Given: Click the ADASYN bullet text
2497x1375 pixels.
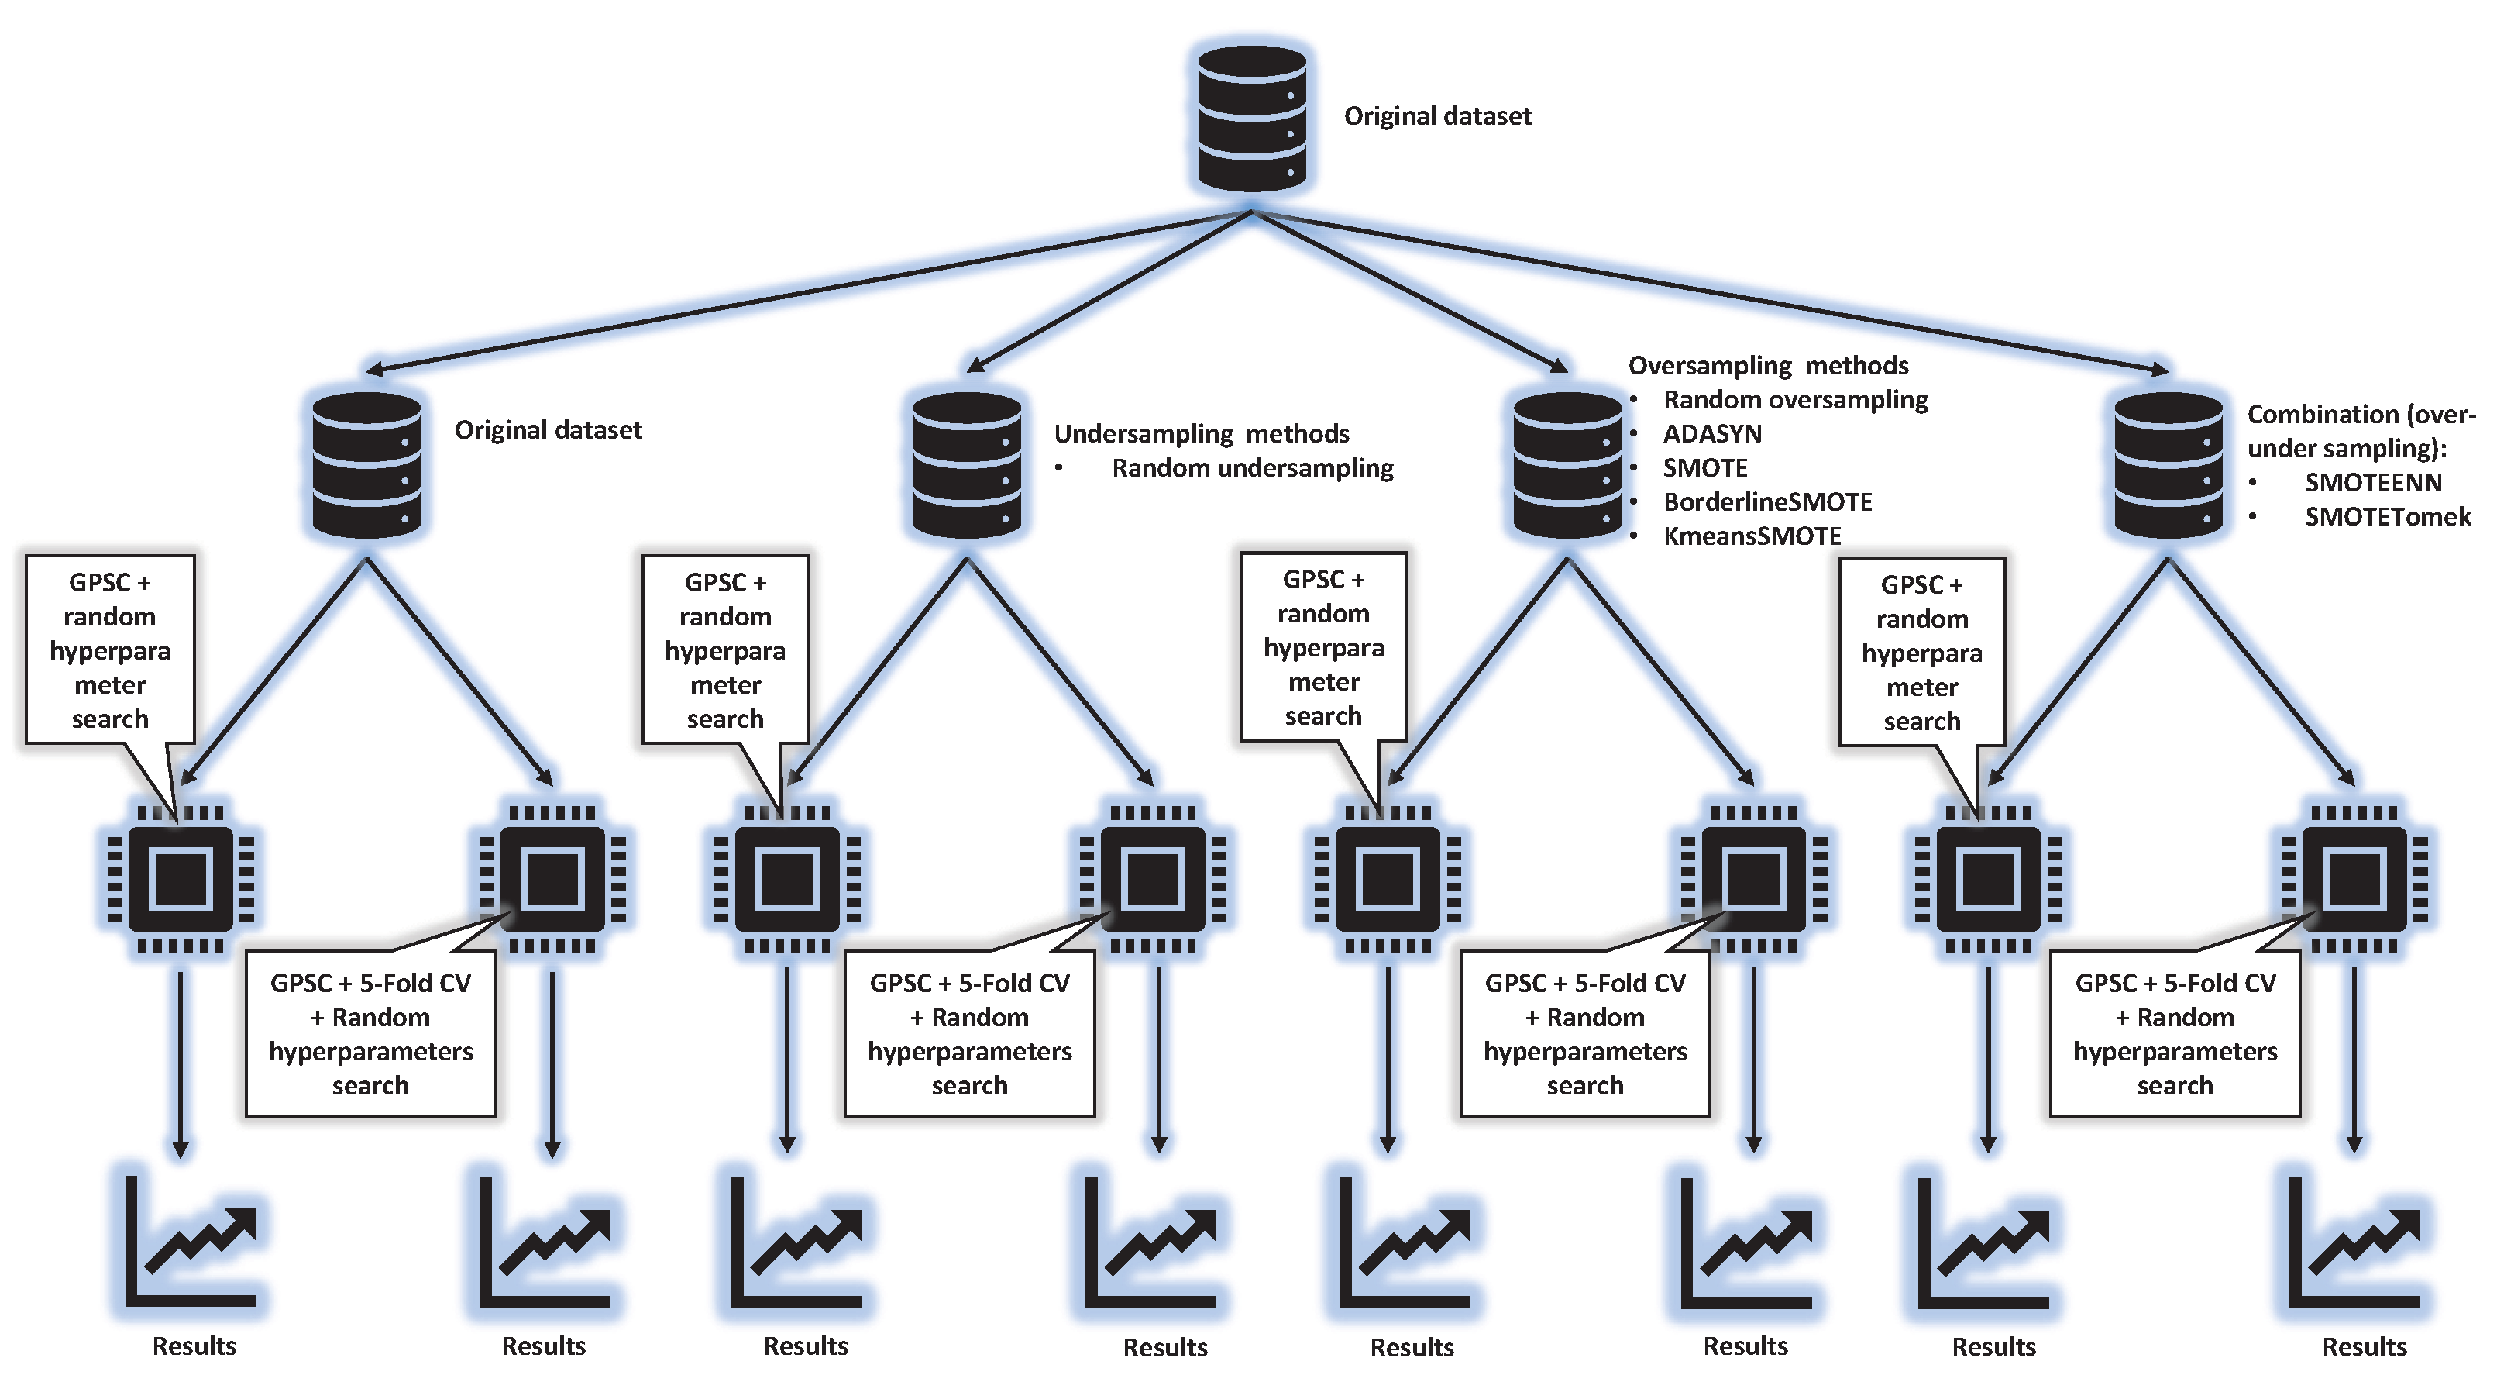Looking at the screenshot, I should [x=1712, y=433].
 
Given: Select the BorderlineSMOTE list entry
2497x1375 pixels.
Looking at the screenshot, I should [x=1767, y=501].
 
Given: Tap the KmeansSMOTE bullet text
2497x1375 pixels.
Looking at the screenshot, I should [x=1752, y=536].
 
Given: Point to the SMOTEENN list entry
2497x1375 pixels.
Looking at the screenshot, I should [x=2372, y=482].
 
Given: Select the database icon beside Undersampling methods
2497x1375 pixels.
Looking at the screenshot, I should [x=966, y=464].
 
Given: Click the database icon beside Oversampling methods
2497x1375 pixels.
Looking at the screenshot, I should [x=1567, y=464].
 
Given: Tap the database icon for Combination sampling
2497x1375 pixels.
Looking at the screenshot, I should [x=2168, y=464].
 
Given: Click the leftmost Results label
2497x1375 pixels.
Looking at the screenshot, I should [x=194, y=1346].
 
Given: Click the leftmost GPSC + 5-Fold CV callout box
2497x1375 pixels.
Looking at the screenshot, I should [x=370, y=1034].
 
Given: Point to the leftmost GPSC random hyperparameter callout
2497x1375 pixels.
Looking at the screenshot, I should [x=109, y=650].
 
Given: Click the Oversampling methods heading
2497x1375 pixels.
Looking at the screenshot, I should [x=1767, y=366].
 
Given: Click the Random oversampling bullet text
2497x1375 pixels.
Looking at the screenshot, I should [x=1794, y=399].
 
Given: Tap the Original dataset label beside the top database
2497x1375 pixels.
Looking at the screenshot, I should [x=1436, y=116].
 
